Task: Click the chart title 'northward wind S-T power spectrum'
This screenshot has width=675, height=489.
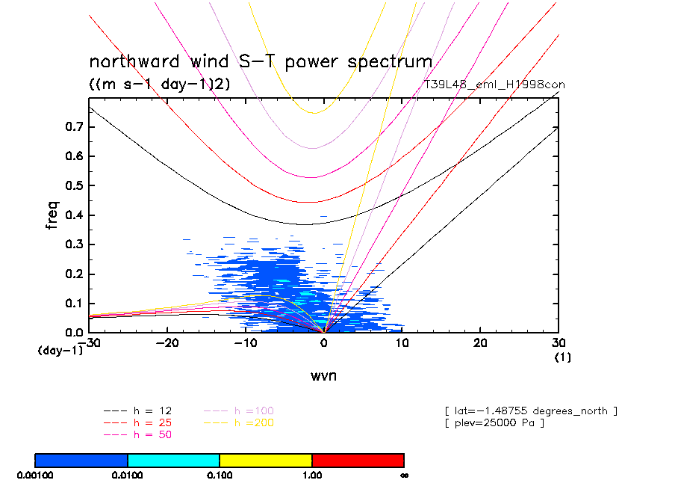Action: (261, 61)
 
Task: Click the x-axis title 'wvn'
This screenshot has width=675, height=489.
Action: (323, 375)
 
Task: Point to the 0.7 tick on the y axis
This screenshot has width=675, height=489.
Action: (74, 128)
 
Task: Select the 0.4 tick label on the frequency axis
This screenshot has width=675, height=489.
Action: (74, 215)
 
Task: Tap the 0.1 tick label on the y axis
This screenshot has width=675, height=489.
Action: (74, 304)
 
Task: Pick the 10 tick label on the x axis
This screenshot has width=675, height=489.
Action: (402, 342)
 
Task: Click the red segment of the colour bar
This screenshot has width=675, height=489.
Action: (358, 460)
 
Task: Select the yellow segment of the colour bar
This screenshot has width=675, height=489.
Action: (266, 460)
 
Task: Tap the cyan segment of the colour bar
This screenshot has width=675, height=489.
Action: (173, 460)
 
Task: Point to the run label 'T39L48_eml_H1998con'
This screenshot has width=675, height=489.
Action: (494, 84)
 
